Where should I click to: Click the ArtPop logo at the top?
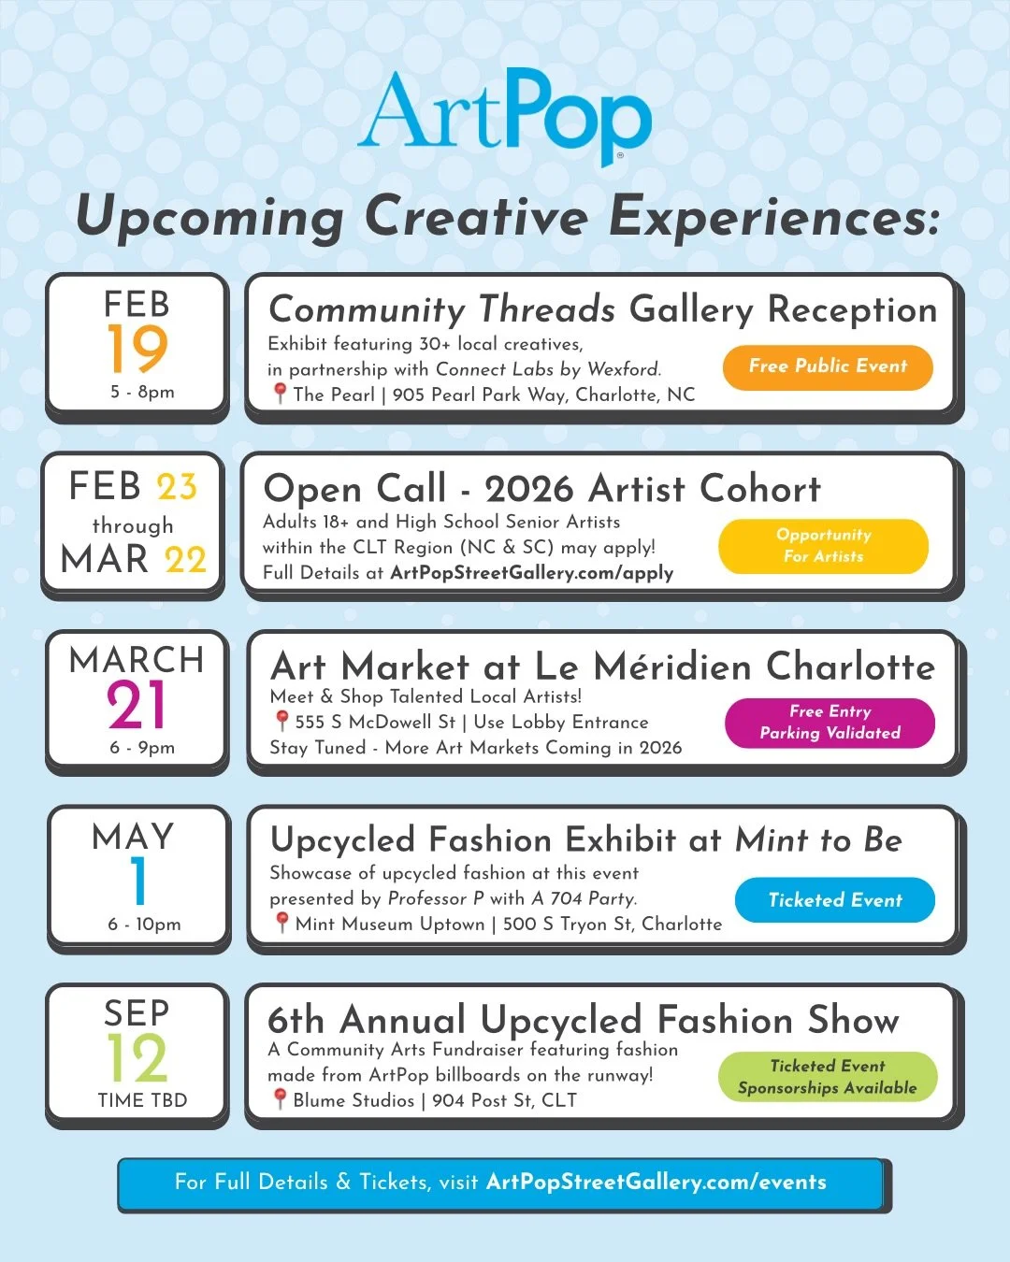(505, 114)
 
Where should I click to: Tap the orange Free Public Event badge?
(828, 366)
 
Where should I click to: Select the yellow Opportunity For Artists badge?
(823, 546)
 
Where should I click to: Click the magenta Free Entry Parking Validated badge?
(830, 723)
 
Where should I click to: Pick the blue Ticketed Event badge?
(835, 900)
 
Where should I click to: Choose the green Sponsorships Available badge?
(828, 1077)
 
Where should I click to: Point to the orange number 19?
(137, 349)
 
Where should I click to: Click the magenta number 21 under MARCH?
(137, 705)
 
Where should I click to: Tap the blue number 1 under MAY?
(139, 881)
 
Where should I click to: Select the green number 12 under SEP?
(137, 1058)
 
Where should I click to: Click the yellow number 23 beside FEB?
(177, 487)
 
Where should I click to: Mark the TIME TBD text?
(142, 1100)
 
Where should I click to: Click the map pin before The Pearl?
(279, 394)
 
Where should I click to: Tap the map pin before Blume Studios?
(279, 1099)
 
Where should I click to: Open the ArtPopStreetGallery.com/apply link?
(531, 573)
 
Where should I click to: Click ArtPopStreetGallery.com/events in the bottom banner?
(656, 1183)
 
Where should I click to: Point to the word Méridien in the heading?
(672, 667)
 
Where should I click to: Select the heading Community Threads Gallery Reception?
(602, 309)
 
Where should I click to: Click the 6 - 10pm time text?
(144, 925)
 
